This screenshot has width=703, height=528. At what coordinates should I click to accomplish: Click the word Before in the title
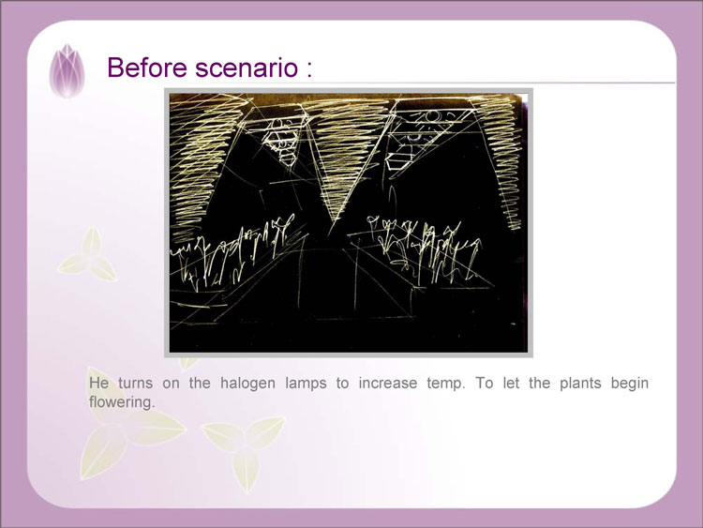pyautogui.click(x=147, y=68)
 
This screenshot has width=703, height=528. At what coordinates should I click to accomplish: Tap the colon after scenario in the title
pyautogui.click(x=309, y=70)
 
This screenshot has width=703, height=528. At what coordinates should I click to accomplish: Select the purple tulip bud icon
pyautogui.click(x=67, y=70)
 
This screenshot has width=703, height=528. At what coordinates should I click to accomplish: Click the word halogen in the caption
pyautogui.click(x=247, y=384)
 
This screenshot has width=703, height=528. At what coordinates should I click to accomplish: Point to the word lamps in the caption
pyautogui.click(x=306, y=384)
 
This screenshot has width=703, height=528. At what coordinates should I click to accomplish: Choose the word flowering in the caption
pyautogui.click(x=122, y=402)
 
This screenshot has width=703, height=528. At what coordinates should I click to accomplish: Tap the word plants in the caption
pyautogui.click(x=580, y=384)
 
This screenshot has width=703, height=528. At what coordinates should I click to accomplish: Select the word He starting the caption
pyautogui.click(x=98, y=383)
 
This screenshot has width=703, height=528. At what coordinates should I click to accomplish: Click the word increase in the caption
pyautogui.click(x=387, y=383)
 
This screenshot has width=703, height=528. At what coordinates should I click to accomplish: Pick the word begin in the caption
pyautogui.click(x=630, y=384)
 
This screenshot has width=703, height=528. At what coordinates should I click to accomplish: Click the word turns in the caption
pyautogui.click(x=135, y=383)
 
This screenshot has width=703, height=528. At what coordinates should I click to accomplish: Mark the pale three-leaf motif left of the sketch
pyautogui.click(x=88, y=255)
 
